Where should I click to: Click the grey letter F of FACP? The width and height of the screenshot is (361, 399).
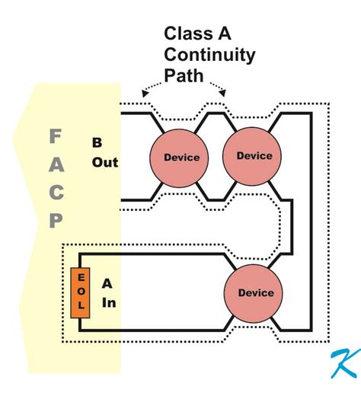[x=55, y=137]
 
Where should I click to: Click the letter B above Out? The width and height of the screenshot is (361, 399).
[x=97, y=142]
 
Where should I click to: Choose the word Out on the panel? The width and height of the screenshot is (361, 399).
[x=105, y=162]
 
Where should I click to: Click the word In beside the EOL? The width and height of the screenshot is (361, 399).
[x=108, y=302]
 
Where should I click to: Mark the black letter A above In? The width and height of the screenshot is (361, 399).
[x=108, y=283]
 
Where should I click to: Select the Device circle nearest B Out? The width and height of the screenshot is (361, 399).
[x=181, y=158]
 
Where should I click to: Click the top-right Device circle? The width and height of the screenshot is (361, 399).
[x=254, y=155]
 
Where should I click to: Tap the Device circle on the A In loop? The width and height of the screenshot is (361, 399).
[x=255, y=292]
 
